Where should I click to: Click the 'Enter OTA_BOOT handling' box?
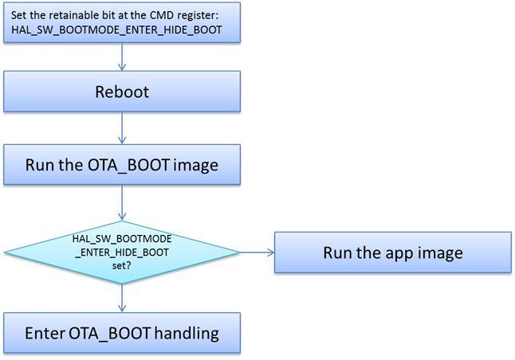coord(122,333)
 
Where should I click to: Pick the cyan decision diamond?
coord(122,252)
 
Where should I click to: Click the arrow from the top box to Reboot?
coord(122,56)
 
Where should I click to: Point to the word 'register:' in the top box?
coord(206,14)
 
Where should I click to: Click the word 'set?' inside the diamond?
coord(122,267)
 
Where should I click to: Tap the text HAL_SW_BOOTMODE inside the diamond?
coord(122,238)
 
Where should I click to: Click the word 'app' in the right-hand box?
coord(394,252)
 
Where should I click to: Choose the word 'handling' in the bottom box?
coord(186,333)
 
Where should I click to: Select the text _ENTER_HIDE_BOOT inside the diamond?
coord(122,252)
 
